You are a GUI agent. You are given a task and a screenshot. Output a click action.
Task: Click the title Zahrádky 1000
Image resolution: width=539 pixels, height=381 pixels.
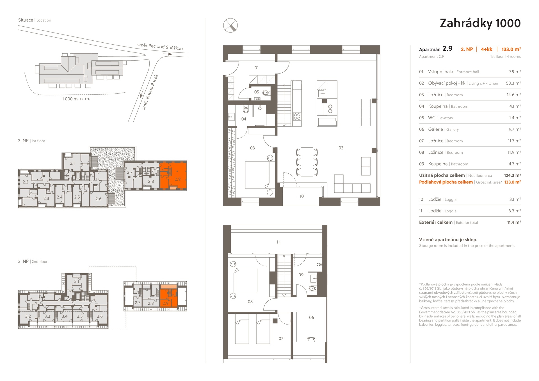tap(480, 23)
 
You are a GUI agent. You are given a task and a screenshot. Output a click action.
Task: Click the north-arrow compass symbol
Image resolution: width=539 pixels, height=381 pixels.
tap(230, 25)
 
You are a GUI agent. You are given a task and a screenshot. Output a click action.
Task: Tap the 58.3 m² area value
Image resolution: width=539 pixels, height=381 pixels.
tap(513, 83)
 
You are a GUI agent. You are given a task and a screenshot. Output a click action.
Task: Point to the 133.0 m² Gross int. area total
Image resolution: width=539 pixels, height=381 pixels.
tap(512, 182)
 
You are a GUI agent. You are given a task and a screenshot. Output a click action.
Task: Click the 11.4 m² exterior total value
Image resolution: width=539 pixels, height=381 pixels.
tap(514, 222)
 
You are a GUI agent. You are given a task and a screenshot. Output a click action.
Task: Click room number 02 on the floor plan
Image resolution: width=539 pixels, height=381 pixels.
tap(341, 148)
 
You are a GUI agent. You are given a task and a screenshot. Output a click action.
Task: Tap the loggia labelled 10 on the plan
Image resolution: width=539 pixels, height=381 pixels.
tap(302, 196)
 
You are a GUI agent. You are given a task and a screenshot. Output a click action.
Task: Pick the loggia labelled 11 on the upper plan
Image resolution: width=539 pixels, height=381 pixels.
tap(278, 242)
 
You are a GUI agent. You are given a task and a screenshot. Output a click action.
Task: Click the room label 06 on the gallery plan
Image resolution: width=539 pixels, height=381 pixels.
tap(311, 317)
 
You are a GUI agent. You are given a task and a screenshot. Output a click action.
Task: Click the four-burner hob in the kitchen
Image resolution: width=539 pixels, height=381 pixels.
tap(297, 116)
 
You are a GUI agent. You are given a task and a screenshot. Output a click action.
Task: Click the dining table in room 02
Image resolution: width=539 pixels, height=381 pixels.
tap(307, 162)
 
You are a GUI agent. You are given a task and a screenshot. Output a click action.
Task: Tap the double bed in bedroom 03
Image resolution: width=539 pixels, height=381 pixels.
tap(257, 175)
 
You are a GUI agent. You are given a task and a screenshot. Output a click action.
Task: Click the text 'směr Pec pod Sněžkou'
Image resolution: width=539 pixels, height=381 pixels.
tap(160, 47)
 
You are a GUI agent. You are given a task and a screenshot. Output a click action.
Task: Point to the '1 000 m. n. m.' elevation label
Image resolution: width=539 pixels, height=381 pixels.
tap(76, 99)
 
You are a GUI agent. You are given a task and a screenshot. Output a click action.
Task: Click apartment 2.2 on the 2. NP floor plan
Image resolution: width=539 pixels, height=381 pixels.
tap(26, 182)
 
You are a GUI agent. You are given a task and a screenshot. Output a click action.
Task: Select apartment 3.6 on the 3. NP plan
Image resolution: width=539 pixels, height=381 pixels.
tap(100, 316)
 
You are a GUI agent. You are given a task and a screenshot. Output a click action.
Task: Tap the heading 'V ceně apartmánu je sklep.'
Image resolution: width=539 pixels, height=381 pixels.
tap(448, 240)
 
